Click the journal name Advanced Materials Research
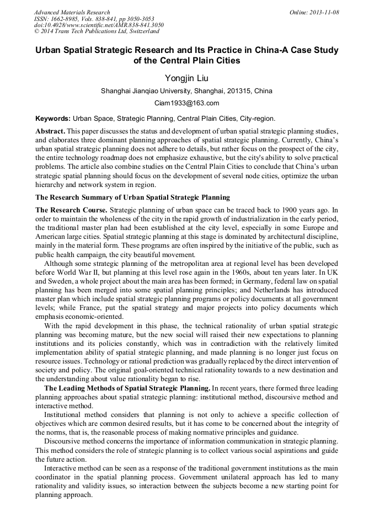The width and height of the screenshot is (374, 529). coord(72,12)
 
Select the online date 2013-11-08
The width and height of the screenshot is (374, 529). coord(325,12)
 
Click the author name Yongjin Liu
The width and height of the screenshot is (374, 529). coord(186,78)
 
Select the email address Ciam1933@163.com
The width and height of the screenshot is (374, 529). coord(186,103)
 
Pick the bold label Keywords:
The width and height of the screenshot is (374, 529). coord(52,119)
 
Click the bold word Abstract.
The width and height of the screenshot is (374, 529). coord(50,131)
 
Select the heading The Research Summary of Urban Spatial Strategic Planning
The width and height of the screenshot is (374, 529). coord(132,197)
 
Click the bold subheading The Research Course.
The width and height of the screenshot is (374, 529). coord(71,210)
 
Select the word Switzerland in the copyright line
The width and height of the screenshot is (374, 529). coord(140,31)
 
